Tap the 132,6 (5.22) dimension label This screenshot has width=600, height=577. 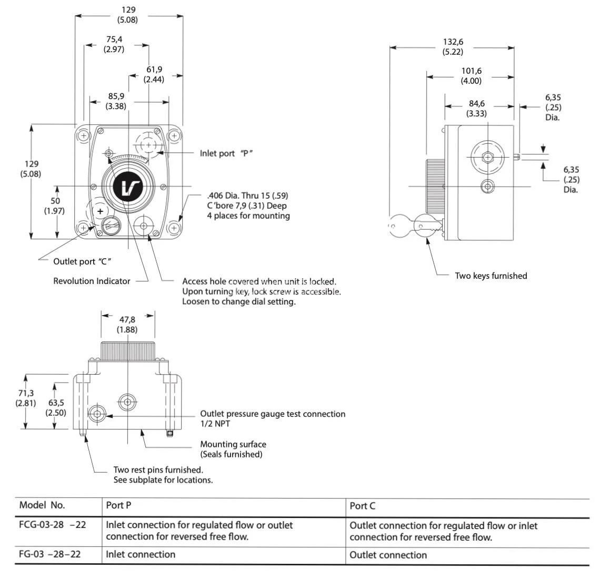[453, 47]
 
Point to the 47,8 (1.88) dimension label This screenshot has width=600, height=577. [127, 325]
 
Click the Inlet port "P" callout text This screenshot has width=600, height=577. [226, 153]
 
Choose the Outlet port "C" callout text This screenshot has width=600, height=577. [82, 261]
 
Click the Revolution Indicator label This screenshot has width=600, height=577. [92, 281]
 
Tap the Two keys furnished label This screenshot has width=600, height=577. [491, 276]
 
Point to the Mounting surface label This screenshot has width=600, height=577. [233, 444]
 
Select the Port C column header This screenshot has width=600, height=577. [363, 506]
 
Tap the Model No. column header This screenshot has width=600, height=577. [42, 505]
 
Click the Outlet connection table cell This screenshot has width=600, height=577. [388, 555]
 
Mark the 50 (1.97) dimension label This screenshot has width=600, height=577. [55, 206]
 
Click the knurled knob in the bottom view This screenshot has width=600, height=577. [127, 350]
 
